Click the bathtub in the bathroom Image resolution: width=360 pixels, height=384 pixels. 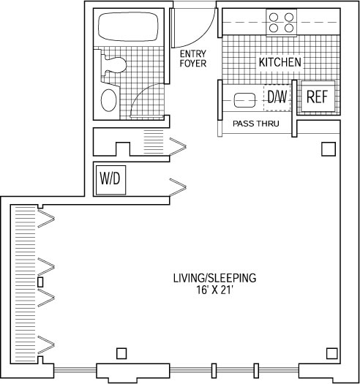pos(128,26)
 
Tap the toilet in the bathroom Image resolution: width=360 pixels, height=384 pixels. pos(114,65)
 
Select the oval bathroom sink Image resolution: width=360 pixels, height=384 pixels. pos(108,100)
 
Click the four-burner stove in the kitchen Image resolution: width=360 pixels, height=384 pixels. pos(281,23)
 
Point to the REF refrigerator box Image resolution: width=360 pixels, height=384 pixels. pos(318,97)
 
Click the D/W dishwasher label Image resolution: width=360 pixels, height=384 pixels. pos(277,97)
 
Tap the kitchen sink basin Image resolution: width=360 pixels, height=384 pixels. pos(244,100)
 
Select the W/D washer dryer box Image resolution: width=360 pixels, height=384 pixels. pos(110,180)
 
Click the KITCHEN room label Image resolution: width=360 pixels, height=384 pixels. pos(280,62)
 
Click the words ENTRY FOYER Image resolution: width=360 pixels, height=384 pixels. pos(193,59)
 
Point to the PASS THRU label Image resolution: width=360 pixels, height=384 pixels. pos(256,124)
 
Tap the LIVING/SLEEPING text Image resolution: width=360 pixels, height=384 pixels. pos(214,278)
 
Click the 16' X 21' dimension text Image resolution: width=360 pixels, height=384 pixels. pos(214,290)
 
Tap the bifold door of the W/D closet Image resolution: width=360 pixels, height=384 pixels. pos(178,187)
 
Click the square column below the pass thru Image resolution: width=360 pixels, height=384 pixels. pos(329,149)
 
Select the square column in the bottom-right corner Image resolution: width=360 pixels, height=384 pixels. pos(332,353)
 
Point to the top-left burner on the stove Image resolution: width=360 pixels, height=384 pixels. pos(274,18)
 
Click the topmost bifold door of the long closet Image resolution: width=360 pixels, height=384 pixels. pos(46,218)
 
